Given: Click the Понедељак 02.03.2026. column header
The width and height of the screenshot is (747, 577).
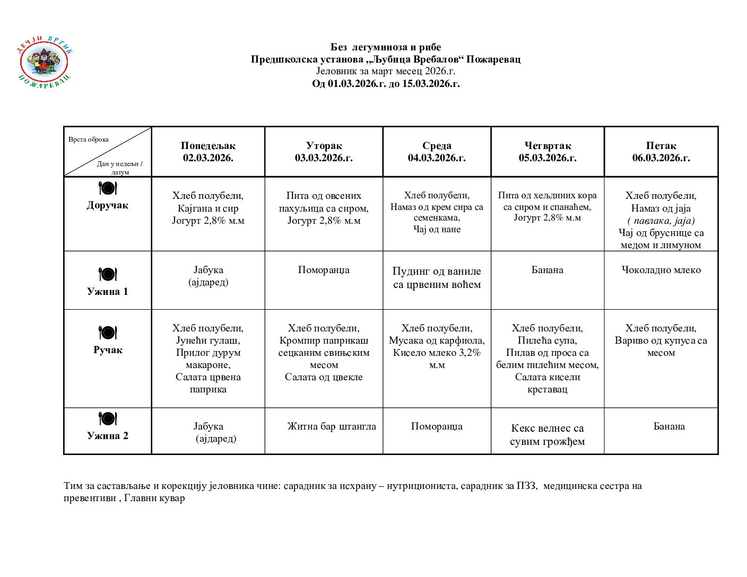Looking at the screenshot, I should (x=208, y=152).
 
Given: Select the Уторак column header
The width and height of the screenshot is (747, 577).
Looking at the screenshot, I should (x=324, y=152).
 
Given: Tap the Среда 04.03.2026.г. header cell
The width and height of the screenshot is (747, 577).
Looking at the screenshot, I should (x=437, y=152).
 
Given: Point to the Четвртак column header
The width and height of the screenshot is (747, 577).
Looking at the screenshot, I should (x=548, y=152).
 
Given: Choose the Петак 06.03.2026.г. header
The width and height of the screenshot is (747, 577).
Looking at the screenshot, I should (x=661, y=152).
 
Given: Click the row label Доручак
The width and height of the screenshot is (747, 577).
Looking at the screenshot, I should (x=108, y=205).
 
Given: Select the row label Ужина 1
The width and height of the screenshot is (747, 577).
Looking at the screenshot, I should (x=108, y=291).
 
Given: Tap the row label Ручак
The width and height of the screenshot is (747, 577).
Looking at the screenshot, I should (x=108, y=350).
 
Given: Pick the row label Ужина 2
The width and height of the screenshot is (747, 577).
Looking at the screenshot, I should (x=108, y=436).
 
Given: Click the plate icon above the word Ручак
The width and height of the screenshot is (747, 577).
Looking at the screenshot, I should (x=108, y=333).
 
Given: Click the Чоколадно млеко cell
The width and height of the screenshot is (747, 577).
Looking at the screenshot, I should (x=661, y=270).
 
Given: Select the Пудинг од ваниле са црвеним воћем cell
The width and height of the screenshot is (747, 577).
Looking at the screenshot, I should (x=437, y=278).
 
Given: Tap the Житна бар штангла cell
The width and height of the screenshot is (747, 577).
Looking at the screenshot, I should (x=332, y=426).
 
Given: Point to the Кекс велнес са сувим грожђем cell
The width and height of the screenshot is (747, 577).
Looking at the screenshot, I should (x=548, y=435).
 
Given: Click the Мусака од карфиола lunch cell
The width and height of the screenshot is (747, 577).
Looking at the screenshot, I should (x=437, y=346).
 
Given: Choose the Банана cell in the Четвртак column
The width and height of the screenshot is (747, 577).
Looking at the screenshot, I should (x=548, y=270).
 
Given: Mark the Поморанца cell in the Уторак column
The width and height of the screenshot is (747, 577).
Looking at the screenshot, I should (x=324, y=270).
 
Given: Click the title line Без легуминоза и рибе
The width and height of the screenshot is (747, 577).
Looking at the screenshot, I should (x=386, y=47).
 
